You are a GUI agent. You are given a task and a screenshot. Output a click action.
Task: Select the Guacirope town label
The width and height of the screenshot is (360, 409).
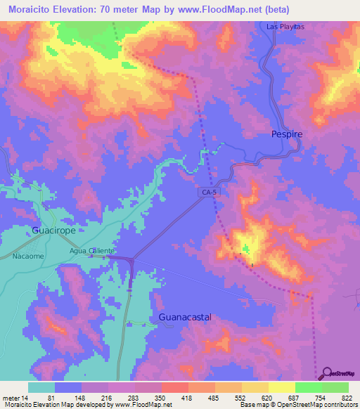pyautogui.click(x=54, y=230)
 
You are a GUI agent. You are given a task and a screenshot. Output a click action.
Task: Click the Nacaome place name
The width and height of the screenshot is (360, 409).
pyautogui.click(x=27, y=257)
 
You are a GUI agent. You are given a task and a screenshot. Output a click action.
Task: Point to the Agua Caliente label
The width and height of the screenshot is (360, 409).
pyautogui.click(x=91, y=250)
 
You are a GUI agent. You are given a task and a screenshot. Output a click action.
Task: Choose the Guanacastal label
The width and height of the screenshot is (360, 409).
pyautogui.click(x=185, y=317)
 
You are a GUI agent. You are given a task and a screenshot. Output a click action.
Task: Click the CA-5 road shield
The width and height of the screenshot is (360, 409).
pyautogui.click(x=206, y=191)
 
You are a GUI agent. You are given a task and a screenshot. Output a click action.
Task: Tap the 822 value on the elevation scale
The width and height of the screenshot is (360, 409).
pyautogui.click(x=347, y=398)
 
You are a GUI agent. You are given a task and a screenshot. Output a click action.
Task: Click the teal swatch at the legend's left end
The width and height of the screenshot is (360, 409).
pyautogui.click(x=41, y=387)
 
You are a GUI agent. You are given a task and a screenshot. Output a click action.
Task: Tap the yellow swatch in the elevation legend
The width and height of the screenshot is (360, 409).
pyautogui.click(x=282, y=387)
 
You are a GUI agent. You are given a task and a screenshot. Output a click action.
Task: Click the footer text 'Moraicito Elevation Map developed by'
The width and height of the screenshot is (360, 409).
pyautogui.click(x=49, y=405)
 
